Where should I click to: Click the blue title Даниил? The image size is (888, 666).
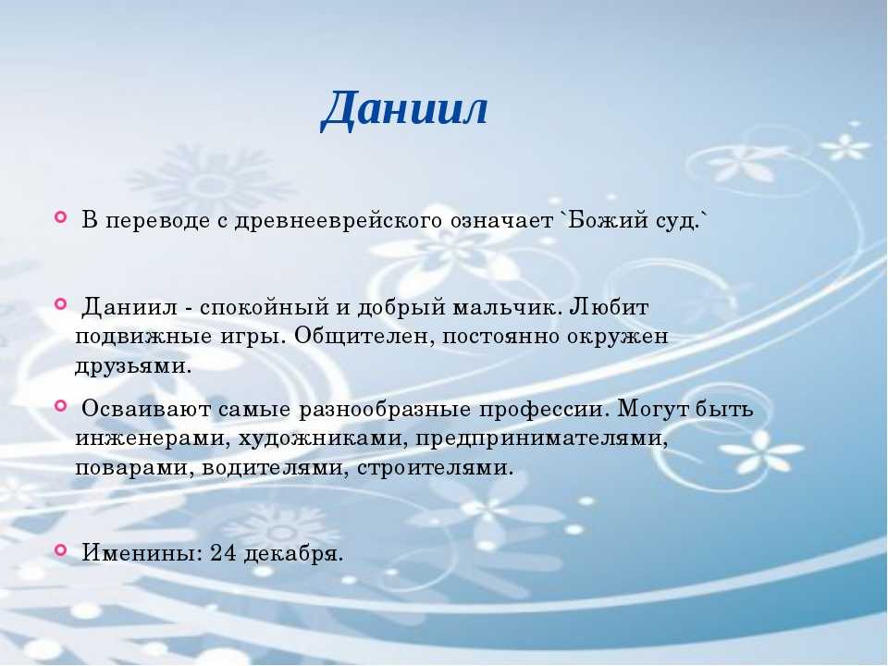click(404, 108)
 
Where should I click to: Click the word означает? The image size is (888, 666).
click(501, 221)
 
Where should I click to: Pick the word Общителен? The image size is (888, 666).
click(364, 337)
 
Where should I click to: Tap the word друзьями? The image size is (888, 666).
click(133, 366)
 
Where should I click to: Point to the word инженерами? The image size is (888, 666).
click(153, 438)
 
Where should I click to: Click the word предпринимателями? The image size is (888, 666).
click(542, 438)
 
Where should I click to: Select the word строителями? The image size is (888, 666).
click(435, 468)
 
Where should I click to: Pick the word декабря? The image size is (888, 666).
click(293, 554)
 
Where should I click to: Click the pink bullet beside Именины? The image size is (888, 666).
click(61, 549)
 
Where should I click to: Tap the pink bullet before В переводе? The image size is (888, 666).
click(61, 216)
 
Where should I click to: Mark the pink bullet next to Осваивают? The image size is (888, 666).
click(61, 405)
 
